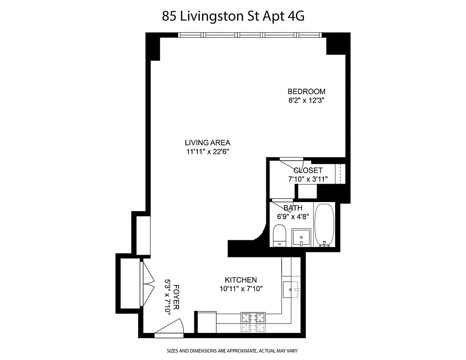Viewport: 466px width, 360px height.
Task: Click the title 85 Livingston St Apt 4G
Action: tap(233, 17)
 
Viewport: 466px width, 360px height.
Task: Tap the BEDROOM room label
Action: tap(306, 91)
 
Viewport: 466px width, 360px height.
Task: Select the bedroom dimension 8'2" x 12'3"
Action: tap(306, 100)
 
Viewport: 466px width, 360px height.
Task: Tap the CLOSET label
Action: tap(308, 170)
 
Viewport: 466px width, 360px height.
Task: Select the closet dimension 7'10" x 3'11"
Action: tap(308, 179)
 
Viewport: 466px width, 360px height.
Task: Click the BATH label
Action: tap(292, 208)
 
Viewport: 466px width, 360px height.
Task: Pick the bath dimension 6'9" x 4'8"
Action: tap(292, 216)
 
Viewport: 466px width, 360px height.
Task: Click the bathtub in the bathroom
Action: tap(324, 225)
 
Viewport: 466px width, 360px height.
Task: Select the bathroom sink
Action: tap(301, 237)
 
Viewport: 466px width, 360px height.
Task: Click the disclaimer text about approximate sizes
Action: tap(233, 351)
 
